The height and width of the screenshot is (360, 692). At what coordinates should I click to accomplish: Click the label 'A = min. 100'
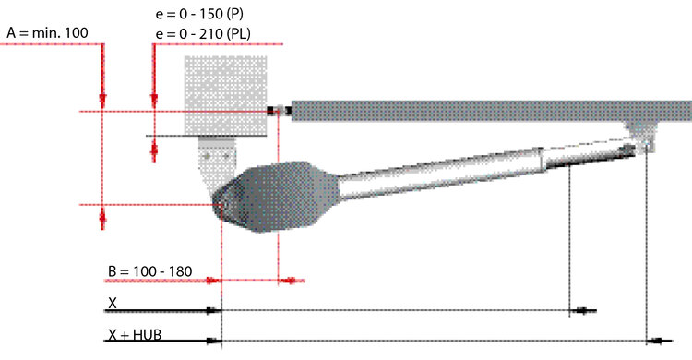click(47, 32)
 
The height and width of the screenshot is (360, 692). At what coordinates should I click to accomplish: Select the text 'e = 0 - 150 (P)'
click(199, 14)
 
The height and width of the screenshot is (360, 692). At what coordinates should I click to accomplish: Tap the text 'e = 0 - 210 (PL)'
click(203, 34)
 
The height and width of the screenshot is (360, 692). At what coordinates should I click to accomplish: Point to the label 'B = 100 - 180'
click(150, 271)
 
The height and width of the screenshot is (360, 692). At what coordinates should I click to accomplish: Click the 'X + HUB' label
click(135, 335)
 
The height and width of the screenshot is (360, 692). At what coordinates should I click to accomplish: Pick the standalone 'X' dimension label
click(113, 303)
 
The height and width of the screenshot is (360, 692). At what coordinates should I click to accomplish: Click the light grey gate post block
click(225, 95)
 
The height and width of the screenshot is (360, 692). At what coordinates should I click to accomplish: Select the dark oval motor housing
click(277, 197)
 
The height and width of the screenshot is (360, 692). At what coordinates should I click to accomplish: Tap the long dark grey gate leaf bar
click(491, 111)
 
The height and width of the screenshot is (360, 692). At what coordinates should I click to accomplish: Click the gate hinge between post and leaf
click(279, 111)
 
